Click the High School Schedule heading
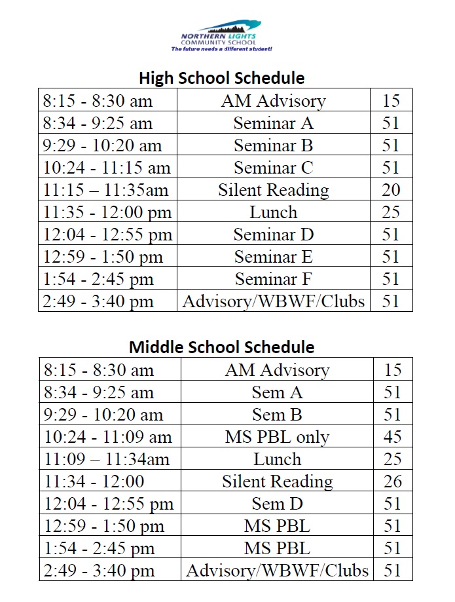tap(221, 78)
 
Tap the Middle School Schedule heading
tap(221, 347)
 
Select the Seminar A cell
tap(273, 123)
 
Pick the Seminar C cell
tap(273, 168)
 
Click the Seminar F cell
tap(273, 279)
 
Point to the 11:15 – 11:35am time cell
tap(106, 190)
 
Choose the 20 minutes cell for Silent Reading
tap(390, 190)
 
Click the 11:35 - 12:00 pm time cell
tap(107, 212)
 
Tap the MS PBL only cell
tap(277, 437)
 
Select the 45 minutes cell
tap(393, 437)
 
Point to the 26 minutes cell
tap(393, 481)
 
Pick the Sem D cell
tap(277, 504)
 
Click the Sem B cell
tap(277, 415)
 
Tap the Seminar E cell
tap(273, 257)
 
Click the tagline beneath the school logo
tap(221, 49)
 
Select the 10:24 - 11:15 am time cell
tap(107, 168)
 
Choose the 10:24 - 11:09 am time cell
tap(108, 437)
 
